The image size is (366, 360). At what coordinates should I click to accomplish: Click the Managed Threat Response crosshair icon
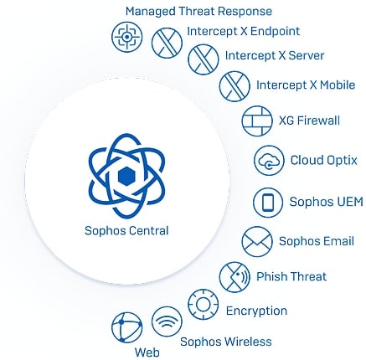126,37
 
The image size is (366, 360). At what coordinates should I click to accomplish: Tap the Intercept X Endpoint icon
167,43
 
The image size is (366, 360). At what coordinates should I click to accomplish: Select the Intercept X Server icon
204,59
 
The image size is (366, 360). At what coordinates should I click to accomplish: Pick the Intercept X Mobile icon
235,86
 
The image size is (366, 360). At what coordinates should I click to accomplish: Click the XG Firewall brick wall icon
257,121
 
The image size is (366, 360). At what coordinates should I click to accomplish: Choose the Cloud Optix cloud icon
269,161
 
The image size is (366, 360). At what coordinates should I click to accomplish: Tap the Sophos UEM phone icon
268,203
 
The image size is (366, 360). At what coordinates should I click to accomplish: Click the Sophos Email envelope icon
257,242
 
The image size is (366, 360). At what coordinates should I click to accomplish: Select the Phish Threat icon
235,277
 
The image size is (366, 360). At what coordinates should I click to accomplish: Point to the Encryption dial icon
204,305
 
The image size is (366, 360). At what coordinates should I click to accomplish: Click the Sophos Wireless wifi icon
167,321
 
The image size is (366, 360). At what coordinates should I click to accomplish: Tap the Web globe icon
126,327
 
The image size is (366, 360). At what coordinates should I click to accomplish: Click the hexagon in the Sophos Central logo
126,177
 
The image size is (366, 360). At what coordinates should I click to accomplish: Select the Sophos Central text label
126,231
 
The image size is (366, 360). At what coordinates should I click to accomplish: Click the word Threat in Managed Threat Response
197,12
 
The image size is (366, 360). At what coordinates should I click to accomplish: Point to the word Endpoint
275,32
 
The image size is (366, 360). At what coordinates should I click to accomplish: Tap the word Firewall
318,121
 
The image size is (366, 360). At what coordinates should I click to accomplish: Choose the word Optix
342,161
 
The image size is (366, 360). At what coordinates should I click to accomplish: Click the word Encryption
256,311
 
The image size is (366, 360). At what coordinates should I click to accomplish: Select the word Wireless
248,342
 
